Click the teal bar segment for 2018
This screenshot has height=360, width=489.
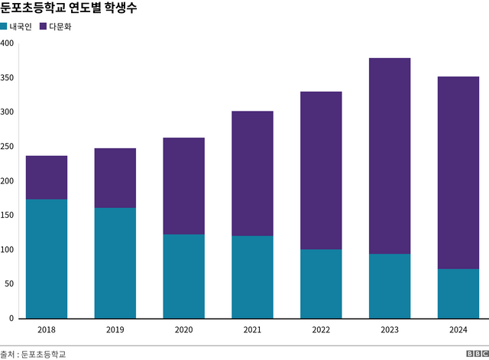pyautogui.click(x=47, y=258)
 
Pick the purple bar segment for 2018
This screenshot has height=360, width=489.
pyautogui.click(x=47, y=177)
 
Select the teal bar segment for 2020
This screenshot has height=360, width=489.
pyautogui.click(x=183, y=276)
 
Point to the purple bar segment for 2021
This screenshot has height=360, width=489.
pyautogui.click(x=252, y=174)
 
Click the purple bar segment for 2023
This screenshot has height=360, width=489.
pyautogui.click(x=389, y=156)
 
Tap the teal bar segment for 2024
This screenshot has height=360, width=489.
pyautogui.click(x=458, y=294)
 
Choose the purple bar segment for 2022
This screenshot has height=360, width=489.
pyautogui.click(x=321, y=170)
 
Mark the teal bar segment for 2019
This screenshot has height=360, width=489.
pyautogui.click(x=115, y=263)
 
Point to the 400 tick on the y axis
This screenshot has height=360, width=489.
pyautogui.click(x=8, y=44)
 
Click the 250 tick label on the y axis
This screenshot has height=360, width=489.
pyautogui.click(x=8, y=147)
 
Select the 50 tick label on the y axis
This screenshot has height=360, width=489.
pyautogui.click(x=10, y=284)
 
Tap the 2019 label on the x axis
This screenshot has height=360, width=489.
pyautogui.click(x=115, y=329)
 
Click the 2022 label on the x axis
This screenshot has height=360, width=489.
pyautogui.click(x=321, y=329)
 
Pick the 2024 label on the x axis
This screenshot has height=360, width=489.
pyautogui.click(x=458, y=329)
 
